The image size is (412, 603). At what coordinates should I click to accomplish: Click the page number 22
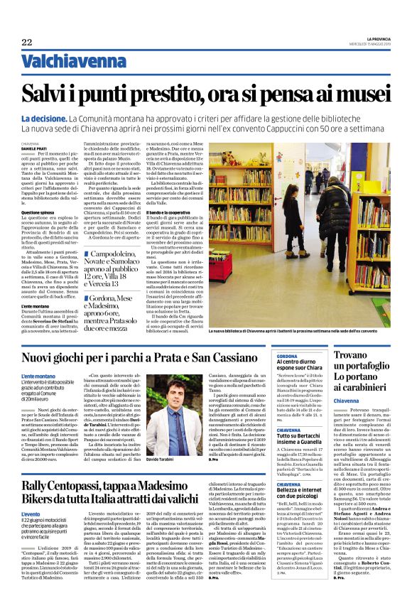pos(27,43)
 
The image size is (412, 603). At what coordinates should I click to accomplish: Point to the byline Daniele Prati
pos(34,148)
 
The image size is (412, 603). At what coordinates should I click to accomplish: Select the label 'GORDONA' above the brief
pos(287,355)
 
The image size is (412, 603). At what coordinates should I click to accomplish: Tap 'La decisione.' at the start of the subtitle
pos(43,118)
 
